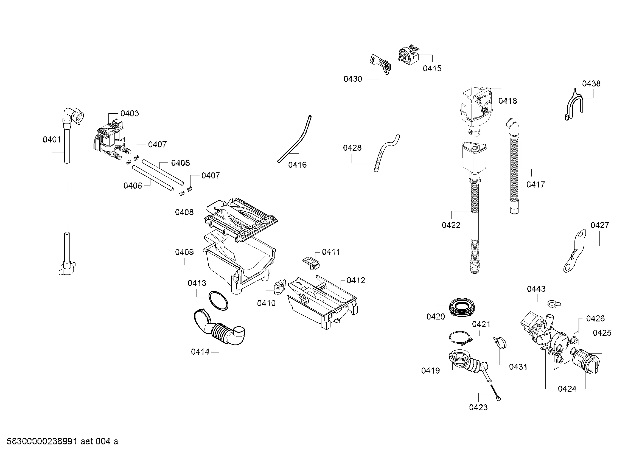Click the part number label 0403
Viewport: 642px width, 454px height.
(x=130, y=114)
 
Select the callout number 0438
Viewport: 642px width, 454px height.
(x=591, y=84)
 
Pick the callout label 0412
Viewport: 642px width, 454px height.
(x=356, y=281)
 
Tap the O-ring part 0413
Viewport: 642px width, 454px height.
(x=218, y=301)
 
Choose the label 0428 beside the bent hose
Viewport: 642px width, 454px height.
(x=352, y=148)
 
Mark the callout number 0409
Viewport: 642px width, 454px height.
(x=184, y=252)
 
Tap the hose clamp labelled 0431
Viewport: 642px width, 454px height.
(x=500, y=343)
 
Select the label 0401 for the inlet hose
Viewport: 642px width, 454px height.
(x=52, y=139)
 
